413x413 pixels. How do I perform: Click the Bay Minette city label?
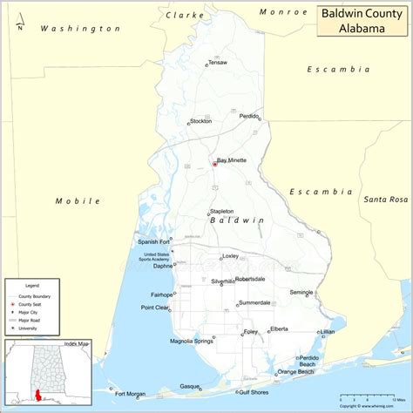[x=232, y=160]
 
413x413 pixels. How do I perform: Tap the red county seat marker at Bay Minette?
[x=214, y=163]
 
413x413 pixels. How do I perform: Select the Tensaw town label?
[x=218, y=63]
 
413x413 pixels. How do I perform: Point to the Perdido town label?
[x=249, y=116]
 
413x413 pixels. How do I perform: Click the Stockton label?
[x=200, y=121]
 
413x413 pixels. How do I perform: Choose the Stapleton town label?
[x=221, y=211]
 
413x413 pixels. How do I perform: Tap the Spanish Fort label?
[x=152, y=241]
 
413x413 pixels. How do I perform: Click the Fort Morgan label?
[x=129, y=394]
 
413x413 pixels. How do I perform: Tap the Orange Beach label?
[x=295, y=372]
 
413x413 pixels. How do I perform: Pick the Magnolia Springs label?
[x=192, y=341]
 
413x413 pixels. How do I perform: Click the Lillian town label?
[x=328, y=332]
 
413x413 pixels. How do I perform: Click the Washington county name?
[x=80, y=29]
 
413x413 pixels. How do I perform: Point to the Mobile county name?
[x=71, y=200]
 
